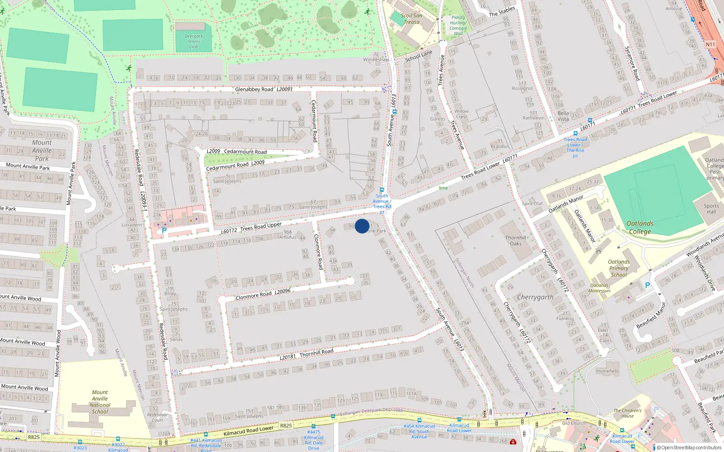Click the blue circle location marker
click(362, 226)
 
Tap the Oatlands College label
click(639, 227)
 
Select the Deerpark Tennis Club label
click(194, 41)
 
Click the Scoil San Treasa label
click(411, 19)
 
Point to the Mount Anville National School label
click(100, 402)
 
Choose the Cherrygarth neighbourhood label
click(535, 297)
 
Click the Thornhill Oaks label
click(516, 240)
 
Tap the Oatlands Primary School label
click(619, 268)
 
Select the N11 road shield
click(710, 44)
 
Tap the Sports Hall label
click(711, 209)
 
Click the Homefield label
click(607, 371)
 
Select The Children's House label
click(627, 413)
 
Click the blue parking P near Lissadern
click(164, 231)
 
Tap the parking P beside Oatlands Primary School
click(647, 285)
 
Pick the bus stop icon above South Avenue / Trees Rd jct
click(382, 190)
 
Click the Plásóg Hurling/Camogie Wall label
click(458, 25)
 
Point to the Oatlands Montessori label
click(599, 288)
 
